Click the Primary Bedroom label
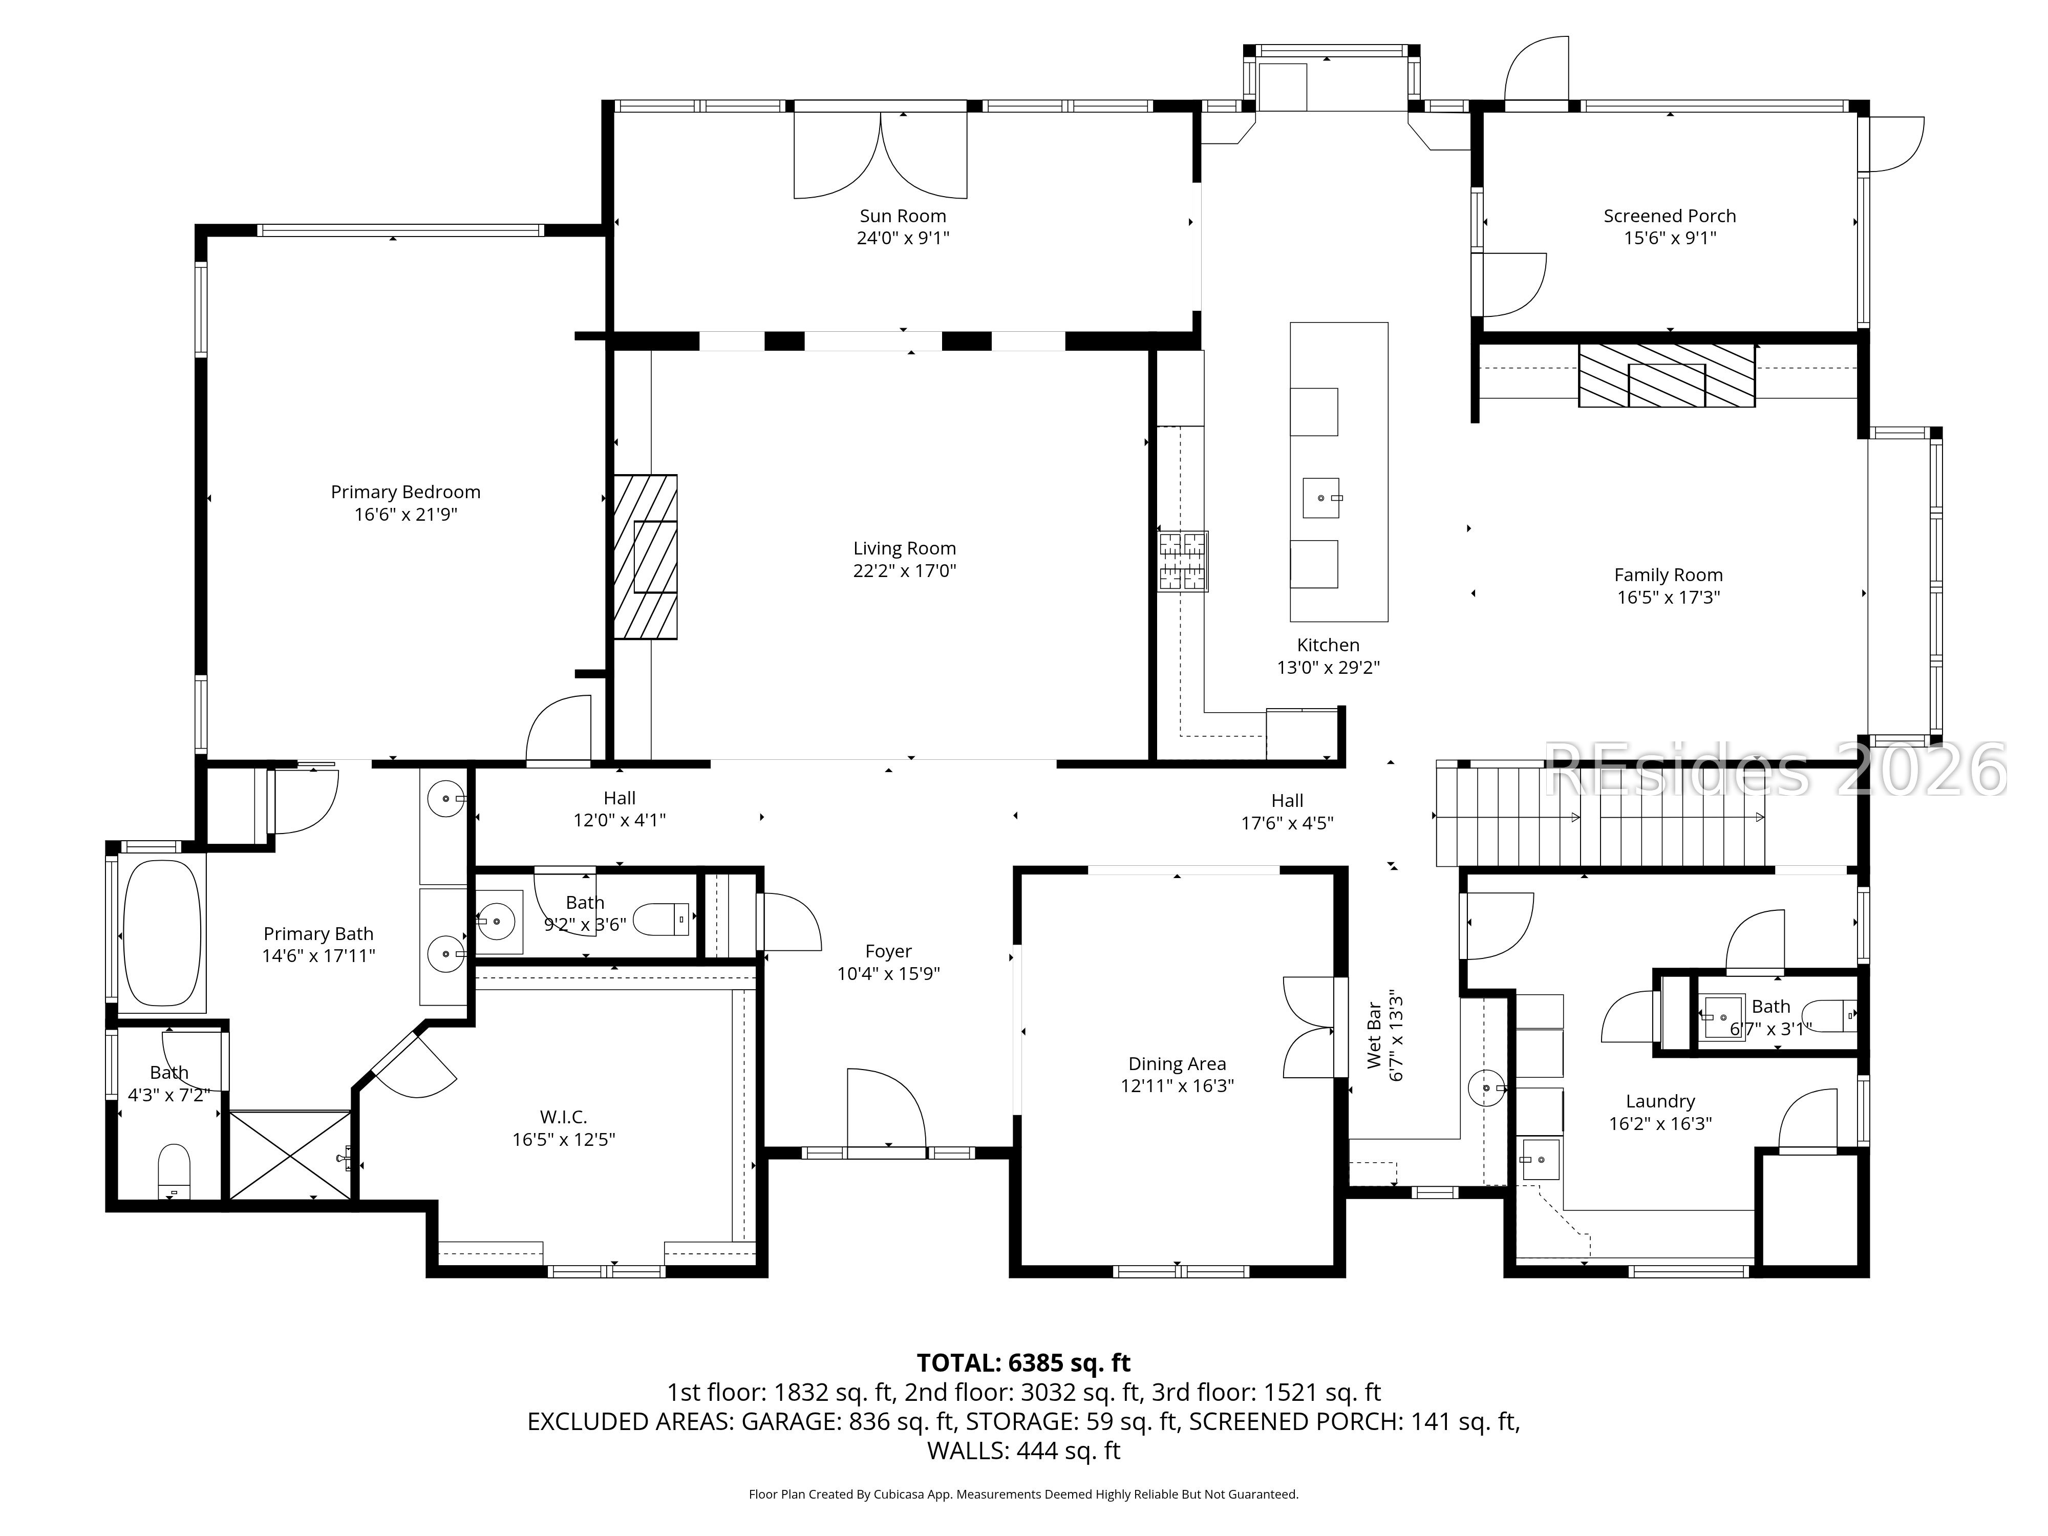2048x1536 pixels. pyautogui.click(x=406, y=492)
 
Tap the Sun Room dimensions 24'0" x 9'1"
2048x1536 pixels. pyautogui.click(x=903, y=238)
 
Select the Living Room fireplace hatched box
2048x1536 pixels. pyautogui.click(x=645, y=557)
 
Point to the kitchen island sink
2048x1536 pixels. pyautogui.click(x=1321, y=498)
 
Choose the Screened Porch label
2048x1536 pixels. pyautogui.click(x=1669, y=216)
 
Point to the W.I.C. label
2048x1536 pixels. pyautogui.click(x=564, y=1117)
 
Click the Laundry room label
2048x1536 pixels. pyautogui.click(x=1660, y=1101)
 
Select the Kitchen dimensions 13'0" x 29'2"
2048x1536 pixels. pyautogui.click(x=1329, y=668)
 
